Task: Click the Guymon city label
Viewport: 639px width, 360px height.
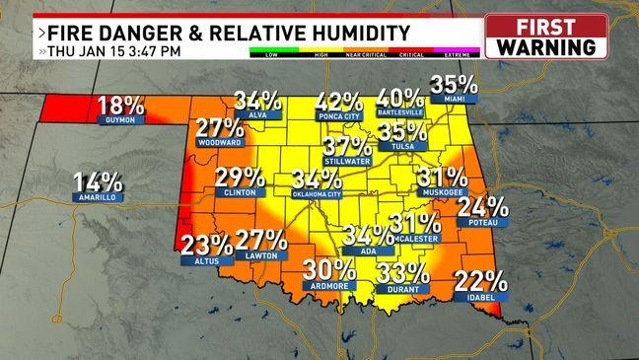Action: [x=118, y=120]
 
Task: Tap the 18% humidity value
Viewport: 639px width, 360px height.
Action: [x=120, y=105]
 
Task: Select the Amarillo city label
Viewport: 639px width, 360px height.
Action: [x=97, y=197]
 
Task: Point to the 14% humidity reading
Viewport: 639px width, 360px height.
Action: [x=98, y=181]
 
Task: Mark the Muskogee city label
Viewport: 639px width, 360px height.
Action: [x=441, y=193]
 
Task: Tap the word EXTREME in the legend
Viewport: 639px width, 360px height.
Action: [x=463, y=55]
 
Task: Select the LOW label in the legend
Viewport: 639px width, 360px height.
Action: [x=265, y=55]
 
